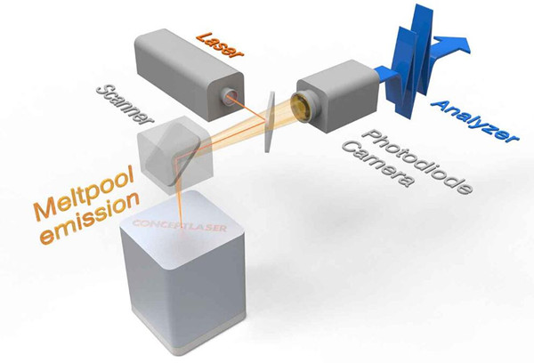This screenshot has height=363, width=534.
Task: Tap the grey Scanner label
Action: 124,106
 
